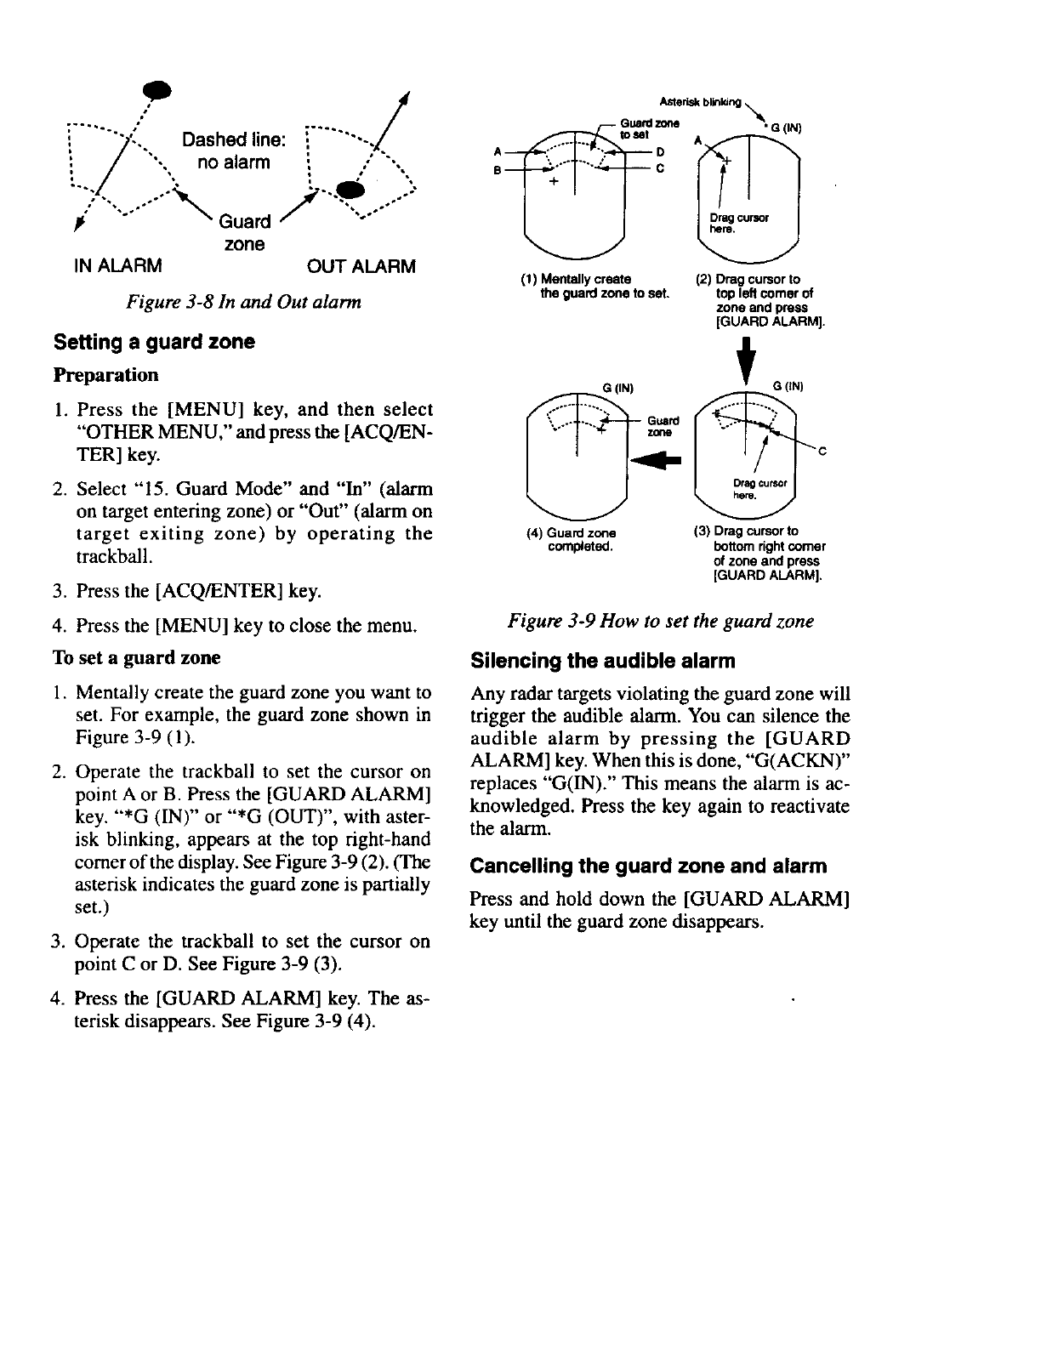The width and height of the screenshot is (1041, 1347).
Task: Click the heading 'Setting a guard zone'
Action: click(x=154, y=342)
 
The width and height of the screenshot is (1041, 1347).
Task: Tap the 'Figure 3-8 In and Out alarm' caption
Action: click(x=242, y=301)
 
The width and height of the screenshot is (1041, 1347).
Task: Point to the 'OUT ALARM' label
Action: click(x=361, y=266)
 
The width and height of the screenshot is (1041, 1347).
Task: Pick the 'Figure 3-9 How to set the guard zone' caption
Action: click(x=660, y=622)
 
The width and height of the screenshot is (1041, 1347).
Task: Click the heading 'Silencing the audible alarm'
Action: click(x=603, y=661)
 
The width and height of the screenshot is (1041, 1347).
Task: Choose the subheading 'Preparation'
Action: click(x=105, y=375)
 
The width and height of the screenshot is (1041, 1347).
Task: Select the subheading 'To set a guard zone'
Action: click(x=136, y=657)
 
